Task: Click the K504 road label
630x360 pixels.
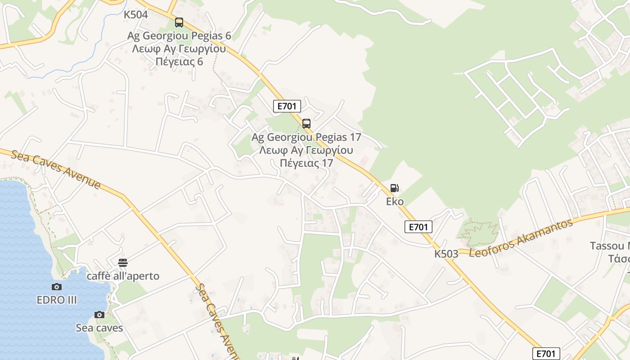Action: coord(135,15)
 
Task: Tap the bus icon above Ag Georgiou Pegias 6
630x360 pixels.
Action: coord(179,22)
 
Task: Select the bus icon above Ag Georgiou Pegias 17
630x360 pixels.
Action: coord(306,123)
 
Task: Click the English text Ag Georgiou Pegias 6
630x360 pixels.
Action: coord(179,36)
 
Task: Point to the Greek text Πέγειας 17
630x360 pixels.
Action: coord(306,163)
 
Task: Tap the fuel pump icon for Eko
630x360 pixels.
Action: coord(394,188)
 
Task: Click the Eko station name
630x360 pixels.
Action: coord(395,201)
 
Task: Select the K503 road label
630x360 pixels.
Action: coord(446,254)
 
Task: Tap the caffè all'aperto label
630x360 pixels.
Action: coord(123,276)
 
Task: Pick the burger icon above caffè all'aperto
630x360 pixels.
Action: coord(123,262)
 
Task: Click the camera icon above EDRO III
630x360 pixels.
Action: coord(57,287)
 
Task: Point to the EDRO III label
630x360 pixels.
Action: coord(57,300)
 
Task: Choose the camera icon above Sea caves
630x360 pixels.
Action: coord(99,315)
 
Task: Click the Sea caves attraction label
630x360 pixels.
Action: coord(99,328)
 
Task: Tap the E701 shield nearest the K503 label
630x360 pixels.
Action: coord(418,227)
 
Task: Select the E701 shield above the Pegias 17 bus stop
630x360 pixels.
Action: coord(287,106)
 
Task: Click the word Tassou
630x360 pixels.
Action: coord(606,246)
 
